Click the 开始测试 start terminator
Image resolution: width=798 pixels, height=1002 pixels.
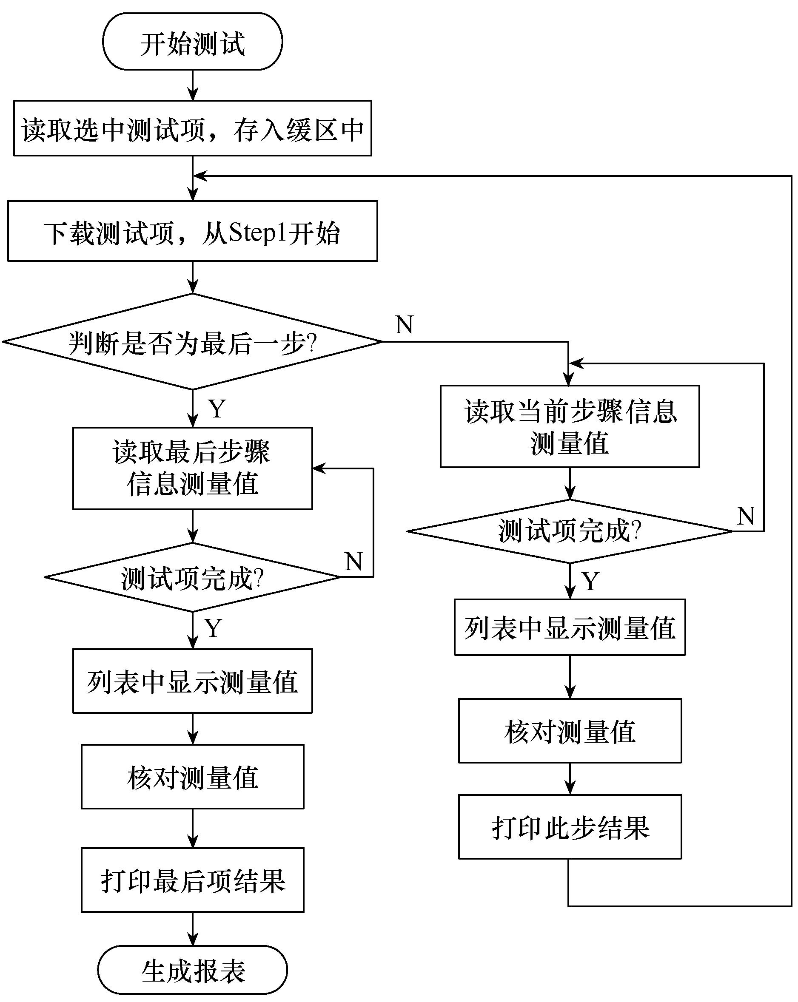(x=192, y=42)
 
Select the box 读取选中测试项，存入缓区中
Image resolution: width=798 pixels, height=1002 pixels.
(x=192, y=128)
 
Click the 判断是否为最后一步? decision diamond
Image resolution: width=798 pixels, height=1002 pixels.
(x=192, y=342)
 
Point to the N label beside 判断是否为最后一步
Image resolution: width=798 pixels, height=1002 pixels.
(x=404, y=324)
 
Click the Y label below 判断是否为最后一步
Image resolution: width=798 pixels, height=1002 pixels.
(x=217, y=409)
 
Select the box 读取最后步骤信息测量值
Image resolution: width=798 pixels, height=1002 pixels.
(x=192, y=468)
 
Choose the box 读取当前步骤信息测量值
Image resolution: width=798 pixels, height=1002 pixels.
(x=570, y=426)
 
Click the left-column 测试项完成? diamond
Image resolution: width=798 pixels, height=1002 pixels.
(x=192, y=577)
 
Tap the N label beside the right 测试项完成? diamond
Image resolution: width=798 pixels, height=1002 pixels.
(x=745, y=516)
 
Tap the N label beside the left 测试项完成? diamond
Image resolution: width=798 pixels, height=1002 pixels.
(x=353, y=562)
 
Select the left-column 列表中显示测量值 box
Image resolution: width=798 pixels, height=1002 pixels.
(x=192, y=681)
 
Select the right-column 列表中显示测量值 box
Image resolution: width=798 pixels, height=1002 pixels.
(x=570, y=627)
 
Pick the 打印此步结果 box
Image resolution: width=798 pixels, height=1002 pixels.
(x=570, y=827)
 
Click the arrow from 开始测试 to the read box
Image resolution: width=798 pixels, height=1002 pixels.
(x=192, y=85)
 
